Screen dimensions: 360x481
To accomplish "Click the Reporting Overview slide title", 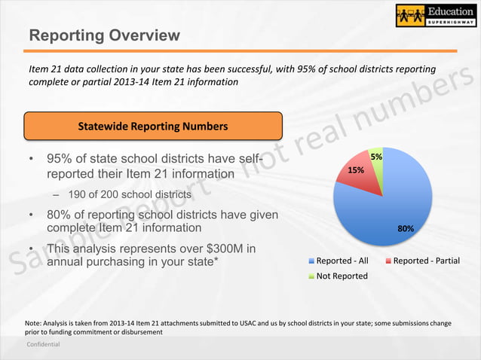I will (x=104, y=35).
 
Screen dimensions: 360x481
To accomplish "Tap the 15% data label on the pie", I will (x=356, y=171).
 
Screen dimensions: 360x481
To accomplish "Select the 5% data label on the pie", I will (x=376, y=157).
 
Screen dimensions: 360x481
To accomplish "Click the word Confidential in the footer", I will (x=43, y=344).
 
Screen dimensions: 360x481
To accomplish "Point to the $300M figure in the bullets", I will (x=219, y=249).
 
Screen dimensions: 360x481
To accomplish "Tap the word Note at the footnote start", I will (x=35, y=323).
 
